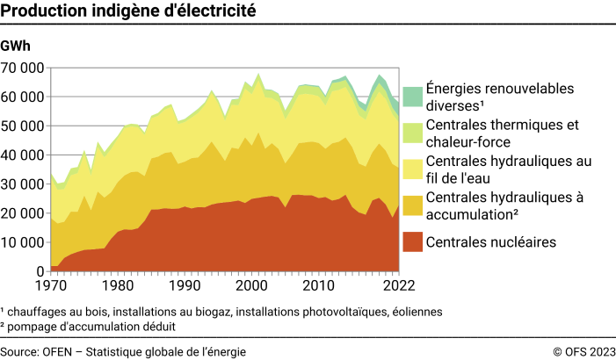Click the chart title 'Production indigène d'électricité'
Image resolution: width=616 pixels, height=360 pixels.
point(129,11)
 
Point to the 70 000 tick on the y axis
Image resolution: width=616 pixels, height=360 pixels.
point(24,68)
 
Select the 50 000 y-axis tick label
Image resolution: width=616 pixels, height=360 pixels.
point(24,126)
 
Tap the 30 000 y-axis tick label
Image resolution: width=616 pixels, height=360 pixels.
point(24,184)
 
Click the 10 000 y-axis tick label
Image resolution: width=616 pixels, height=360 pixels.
point(24,242)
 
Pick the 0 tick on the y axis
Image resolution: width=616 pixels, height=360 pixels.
point(40,271)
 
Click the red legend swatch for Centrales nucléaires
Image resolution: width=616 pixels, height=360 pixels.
point(411,241)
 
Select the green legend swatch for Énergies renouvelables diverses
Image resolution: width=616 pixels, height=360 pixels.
point(411,97)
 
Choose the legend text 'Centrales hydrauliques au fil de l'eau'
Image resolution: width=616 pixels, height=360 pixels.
point(507,169)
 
